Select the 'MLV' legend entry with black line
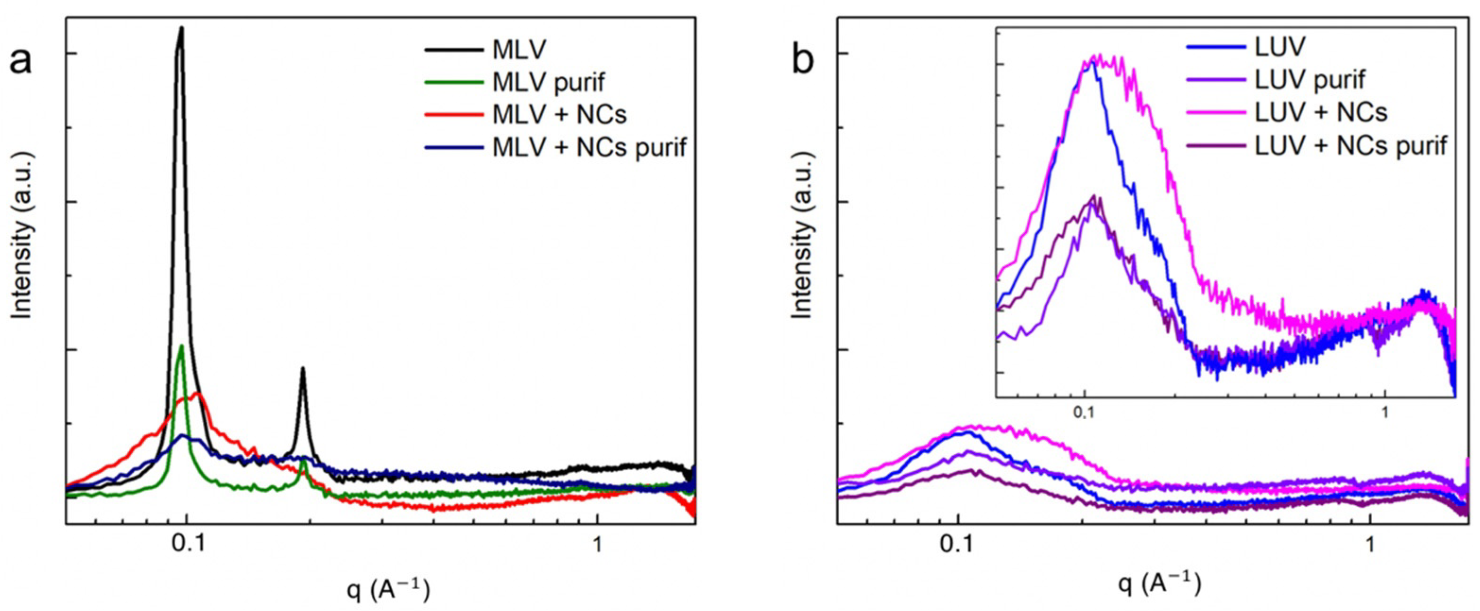click(x=519, y=51)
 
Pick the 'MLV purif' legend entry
click(x=549, y=83)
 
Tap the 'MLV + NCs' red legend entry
click(x=559, y=115)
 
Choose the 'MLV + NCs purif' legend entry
click(x=589, y=148)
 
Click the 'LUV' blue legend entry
click(x=1281, y=47)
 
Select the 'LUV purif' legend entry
click(x=1310, y=80)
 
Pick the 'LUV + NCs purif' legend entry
click(x=1351, y=146)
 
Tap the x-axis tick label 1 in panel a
click(x=597, y=544)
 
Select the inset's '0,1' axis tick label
click(x=1084, y=412)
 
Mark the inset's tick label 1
click(x=1385, y=412)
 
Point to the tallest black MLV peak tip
click(x=181, y=27)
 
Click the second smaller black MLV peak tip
click(x=303, y=368)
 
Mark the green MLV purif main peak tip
click(x=182, y=346)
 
